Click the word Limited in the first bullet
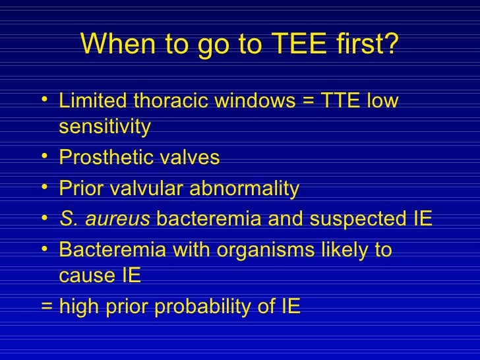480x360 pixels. [x=93, y=103]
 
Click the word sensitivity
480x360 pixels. [x=105, y=127]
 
